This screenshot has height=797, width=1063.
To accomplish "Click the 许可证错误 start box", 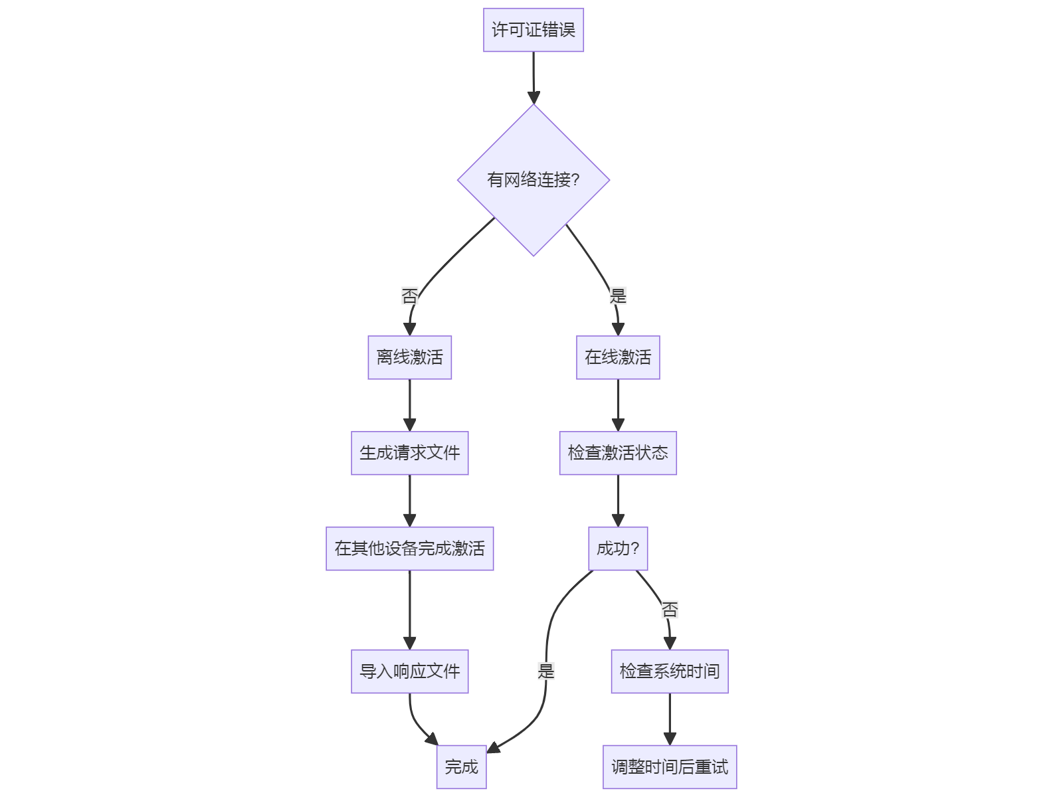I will click(x=533, y=30).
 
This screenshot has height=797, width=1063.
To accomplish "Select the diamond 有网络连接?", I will click(x=533, y=180).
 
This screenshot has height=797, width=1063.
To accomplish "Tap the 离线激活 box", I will click(x=409, y=357).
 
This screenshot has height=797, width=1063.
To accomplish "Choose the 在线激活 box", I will click(x=618, y=357).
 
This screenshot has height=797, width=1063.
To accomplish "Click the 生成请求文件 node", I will click(x=409, y=453).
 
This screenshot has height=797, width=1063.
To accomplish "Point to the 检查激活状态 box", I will click(x=618, y=453).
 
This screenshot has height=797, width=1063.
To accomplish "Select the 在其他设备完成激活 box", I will click(x=409, y=549).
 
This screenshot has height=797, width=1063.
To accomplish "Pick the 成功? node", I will click(x=618, y=549).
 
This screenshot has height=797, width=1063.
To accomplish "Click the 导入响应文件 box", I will click(x=409, y=671).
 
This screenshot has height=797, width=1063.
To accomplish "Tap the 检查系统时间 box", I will click(x=670, y=671).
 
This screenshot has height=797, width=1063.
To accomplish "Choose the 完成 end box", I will click(x=461, y=767).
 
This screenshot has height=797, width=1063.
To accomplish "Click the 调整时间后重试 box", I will click(x=670, y=767).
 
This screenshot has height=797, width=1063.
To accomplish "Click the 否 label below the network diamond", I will click(x=409, y=296).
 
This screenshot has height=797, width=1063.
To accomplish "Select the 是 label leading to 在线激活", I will click(x=618, y=296).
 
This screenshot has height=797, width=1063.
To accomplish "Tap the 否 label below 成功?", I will click(x=670, y=609).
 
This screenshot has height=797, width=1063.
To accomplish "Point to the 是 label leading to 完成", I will click(x=546, y=671).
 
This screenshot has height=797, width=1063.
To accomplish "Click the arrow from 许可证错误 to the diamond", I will click(x=533, y=76).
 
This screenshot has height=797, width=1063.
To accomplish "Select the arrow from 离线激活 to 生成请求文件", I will click(x=409, y=405).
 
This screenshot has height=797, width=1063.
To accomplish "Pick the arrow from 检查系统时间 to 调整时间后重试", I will click(x=670, y=719).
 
